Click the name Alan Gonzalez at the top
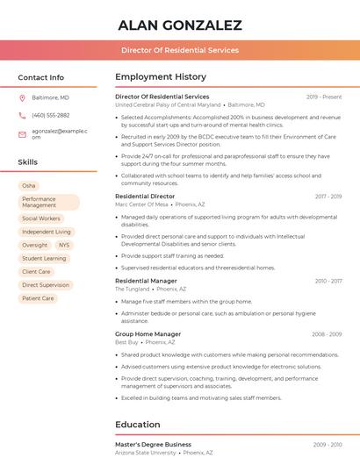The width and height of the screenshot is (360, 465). tap(179, 25)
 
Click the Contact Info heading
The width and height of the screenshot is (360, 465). tap(40, 77)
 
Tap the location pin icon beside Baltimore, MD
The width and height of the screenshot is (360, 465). tap(22, 97)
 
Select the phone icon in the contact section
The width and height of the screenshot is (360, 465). tap(22, 115)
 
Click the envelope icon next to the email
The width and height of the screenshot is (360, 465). tap(22, 133)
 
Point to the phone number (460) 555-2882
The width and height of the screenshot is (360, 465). tap(50, 115)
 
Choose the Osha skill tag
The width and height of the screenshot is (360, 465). tap(29, 186)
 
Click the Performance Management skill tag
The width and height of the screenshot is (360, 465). tap(48, 203)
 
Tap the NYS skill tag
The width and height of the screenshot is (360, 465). tap(63, 245)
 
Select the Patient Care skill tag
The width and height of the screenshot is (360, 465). tap(38, 298)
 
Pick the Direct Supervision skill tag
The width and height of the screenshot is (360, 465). tap(46, 285)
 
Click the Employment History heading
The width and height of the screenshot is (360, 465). tap(161, 77)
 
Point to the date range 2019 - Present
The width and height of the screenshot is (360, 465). tap(324, 97)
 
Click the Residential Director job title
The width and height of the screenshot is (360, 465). tap(145, 197)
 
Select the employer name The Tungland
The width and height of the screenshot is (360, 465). tap(133, 289)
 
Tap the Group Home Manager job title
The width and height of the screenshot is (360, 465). tap(148, 334)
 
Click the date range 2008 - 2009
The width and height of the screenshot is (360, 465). tap(326, 334)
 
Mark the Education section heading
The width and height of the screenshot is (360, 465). tap(138, 425)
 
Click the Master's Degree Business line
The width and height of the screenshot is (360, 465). tap(153, 445)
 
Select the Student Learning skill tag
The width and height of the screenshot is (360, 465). tap(44, 259)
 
